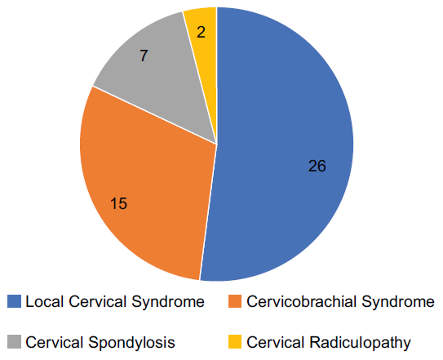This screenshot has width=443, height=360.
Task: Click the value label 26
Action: (317, 166)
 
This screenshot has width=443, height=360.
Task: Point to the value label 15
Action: (118, 203)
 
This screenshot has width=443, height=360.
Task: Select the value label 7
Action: (144, 56)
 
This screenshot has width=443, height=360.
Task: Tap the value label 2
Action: (201, 32)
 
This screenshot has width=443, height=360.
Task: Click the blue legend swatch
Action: (14, 301)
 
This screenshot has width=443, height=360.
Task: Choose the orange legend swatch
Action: (235, 301)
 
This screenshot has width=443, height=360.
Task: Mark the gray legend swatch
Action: (14, 342)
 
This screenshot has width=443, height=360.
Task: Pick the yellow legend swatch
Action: (235, 342)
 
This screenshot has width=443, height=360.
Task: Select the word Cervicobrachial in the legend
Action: (302, 301)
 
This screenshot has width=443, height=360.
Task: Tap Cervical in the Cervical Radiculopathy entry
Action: (276, 342)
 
